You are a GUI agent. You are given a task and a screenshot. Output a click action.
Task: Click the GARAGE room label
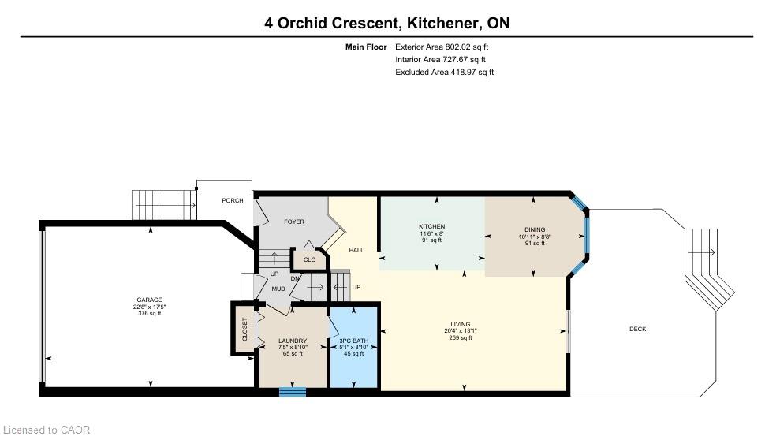click(x=149, y=300)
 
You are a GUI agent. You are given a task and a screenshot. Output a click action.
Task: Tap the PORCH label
click(x=233, y=200)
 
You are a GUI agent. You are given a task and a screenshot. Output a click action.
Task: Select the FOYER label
click(x=294, y=222)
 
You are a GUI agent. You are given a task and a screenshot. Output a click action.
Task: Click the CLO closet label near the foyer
click(x=310, y=259)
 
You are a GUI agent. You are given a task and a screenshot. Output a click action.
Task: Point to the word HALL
click(x=356, y=250)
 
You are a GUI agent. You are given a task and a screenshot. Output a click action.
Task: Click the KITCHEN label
click(x=431, y=226)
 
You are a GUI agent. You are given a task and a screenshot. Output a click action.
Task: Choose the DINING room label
click(x=535, y=229)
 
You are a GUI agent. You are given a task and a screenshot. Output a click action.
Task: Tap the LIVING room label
click(x=461, y=324)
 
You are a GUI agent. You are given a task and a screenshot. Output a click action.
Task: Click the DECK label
click(x=638, y=330)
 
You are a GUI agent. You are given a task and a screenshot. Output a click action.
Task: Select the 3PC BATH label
click(x=354, y=341)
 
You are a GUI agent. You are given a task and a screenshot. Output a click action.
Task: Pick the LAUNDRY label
click(x=293, y=341)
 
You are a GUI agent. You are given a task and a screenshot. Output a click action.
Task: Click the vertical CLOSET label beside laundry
click(x=245, y=330)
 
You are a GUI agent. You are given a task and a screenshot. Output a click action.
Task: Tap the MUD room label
click(x=278, y=289)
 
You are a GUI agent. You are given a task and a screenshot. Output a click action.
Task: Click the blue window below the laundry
click(x=293, y=392)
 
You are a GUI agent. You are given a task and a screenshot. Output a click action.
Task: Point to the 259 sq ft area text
click(x=461, y=337)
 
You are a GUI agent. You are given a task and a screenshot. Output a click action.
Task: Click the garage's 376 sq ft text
click(x=149, y=313)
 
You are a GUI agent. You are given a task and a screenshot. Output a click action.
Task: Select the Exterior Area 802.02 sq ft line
click(x=442, y=47)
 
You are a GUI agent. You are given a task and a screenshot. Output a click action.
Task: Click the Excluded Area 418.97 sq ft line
click(x=445, y=73)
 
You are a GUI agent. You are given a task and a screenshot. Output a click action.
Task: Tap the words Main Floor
click(x=366, y=47)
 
